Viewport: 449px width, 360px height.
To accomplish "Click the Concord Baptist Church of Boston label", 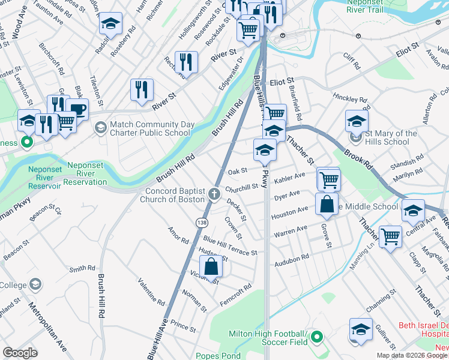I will tap(175, 195).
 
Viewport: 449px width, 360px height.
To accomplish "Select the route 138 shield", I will tap(202, 223).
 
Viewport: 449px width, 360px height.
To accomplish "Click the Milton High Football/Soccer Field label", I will tap(268, 338).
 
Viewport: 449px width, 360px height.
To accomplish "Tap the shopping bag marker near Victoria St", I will tap(212, 266).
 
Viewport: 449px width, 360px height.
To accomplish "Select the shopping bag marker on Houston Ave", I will tap(327, 204).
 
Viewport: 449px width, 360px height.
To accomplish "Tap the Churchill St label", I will tap(241, 187).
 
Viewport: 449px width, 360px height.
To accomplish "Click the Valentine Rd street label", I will tap(150, 290).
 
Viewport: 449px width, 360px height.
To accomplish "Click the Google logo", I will tap(20, 353).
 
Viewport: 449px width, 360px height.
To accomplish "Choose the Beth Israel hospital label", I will tap(424, 331).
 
